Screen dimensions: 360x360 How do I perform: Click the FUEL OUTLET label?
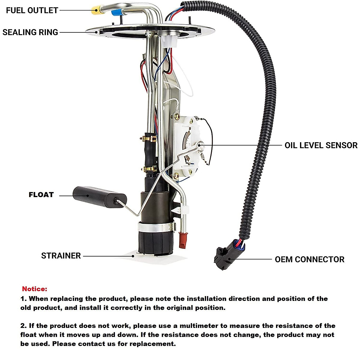(x=32, y=10)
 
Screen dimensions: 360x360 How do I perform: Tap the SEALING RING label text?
(x=30, y=32)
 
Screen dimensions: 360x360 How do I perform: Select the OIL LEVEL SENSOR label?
(x=321, y=145)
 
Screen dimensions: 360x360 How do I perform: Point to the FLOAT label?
(x=41, y=195)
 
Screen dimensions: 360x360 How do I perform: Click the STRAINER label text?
(x=61, y=256)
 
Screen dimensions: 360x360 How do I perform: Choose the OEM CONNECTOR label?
(x=309, y=259)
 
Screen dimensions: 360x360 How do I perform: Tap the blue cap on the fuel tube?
(x=116, y=13)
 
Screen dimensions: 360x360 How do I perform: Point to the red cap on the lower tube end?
(x=182, y=240)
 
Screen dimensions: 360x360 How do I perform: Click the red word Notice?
(x=34, y=289)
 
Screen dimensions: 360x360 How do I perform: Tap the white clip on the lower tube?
(x=183, y=209)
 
